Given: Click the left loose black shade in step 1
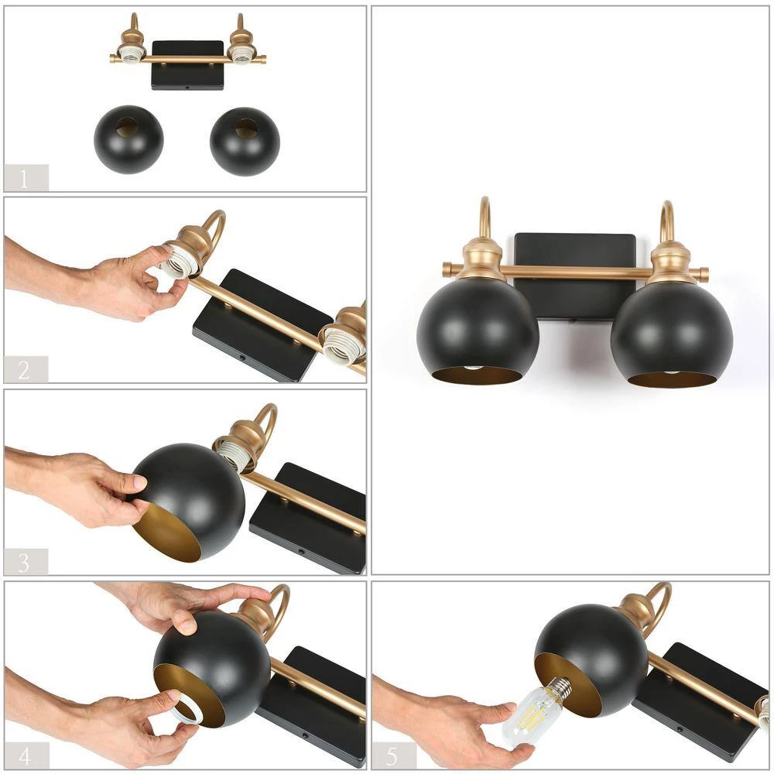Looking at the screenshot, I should [128, 140].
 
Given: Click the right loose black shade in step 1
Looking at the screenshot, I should [245, 142].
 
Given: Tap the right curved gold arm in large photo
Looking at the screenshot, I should [666, 220].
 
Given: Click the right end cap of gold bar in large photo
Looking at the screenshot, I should [702, 273].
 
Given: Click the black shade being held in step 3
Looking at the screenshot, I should [193, 495].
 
